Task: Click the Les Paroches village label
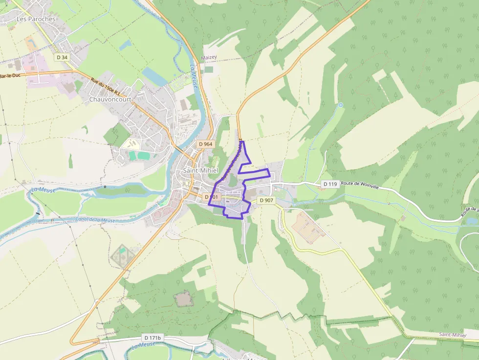(x=36, y=19)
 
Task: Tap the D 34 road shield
(x=62, y=57)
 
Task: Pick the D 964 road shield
(x=206, y=144)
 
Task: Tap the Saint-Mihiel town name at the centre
(x=200, y=170)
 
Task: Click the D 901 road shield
(x=213, y=197)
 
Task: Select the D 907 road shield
(x=266, y=200)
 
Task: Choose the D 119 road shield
(x=330, y=184)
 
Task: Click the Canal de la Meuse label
(x=95, y=220)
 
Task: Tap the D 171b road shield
(x=152, y=338)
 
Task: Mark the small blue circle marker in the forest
(x=341, y=105)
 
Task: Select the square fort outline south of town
(x=183, y=298)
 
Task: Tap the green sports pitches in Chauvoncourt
(x=137, y=155)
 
